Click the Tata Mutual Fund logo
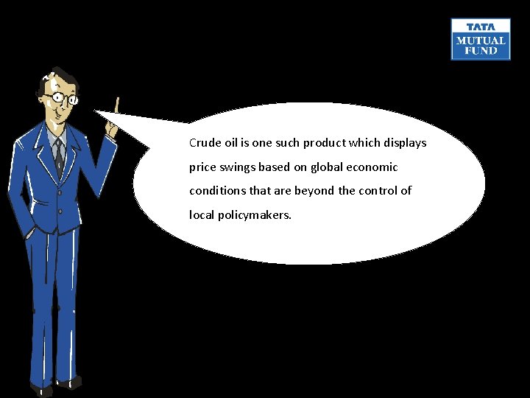pyautogui.click(x=481, y=39)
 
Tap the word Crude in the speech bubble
pyautogui.click(x=204, y=143)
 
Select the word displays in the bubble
pyautogui.click(x=404, y=143)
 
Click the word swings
pyautogui.click(x=236, y=167)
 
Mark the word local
pyautogui.click(x=200, y=215)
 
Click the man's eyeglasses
pyautogui.click(x=62, y=97)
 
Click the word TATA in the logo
pyautogui.click(x=481, y=27)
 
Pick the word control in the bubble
pyautogui.click(x=375, y=191)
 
